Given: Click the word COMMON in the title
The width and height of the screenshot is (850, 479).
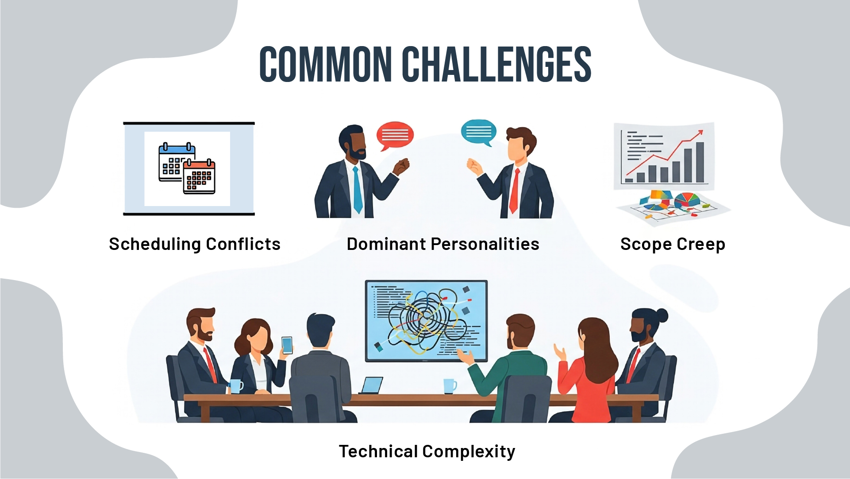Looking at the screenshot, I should click(325, 65).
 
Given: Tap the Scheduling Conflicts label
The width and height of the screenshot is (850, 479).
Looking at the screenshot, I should click(195, 244).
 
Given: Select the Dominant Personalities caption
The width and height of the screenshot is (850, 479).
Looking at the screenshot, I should click(443, 244).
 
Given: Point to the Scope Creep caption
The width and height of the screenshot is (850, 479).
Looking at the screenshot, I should click(673, 244).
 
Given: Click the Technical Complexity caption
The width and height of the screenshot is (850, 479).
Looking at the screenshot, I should click(427, 452).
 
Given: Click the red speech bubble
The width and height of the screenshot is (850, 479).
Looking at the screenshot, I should click(395, 134).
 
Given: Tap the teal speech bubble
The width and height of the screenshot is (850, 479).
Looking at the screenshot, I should click(478, 131).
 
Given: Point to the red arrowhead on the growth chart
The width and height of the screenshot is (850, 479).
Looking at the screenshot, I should click(699, 132).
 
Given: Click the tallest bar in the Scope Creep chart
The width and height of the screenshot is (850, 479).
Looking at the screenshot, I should click(700, 162).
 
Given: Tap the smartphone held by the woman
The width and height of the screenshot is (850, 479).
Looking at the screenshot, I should click(287, 345).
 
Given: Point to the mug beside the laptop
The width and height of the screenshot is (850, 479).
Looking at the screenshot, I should click(450, 386).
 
